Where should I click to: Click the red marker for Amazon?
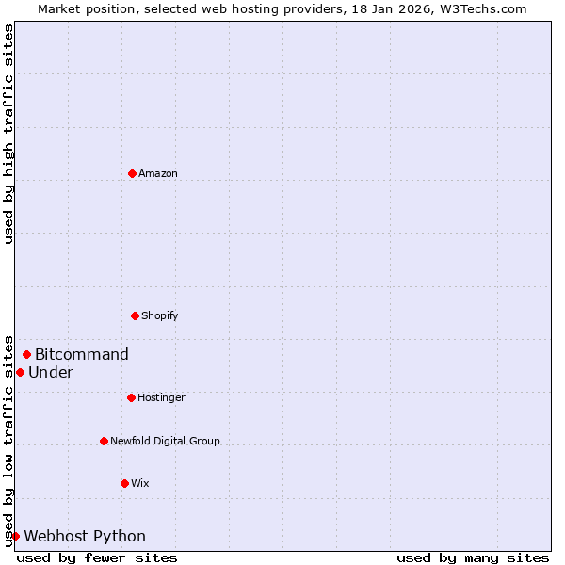click(x=132, y=173)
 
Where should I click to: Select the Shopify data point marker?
click(x=135, y=315)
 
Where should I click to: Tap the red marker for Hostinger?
click(x=131, y=397)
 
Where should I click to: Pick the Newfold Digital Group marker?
click(x=104, y=441)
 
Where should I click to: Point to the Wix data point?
click(x=124, y=483)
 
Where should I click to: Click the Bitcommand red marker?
click(x=26, y=354)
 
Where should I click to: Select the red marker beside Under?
click(x=20, y=372)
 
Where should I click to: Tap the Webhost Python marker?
click(x=15, y=536)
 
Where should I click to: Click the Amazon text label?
click(x=158, y=173)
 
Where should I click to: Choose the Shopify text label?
click(x=160, y=315)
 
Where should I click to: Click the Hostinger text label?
click(x=161, y=397)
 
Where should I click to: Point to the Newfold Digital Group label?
click(x=165, y=441)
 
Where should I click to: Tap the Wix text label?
click(x=140, y=483)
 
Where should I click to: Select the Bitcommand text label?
click(x=82, y=354)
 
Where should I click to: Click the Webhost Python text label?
click(x=85, y=536)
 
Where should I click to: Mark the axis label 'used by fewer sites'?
click(x=97, y=557)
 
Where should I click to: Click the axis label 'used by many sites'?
click(x=473, y=557)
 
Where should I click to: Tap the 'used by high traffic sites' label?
click(x=9, y=134)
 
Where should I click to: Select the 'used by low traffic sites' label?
click(x=9, y=440)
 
